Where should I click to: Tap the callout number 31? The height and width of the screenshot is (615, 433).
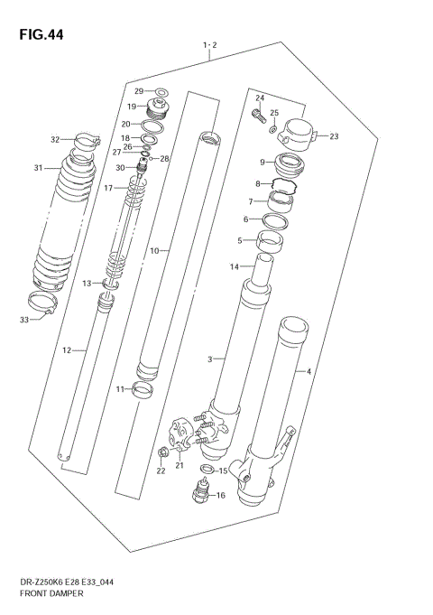click(x=38, y=168)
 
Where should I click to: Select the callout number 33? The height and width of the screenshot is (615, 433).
click(x=24, y=319)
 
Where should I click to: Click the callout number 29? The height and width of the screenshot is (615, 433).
click(x=139, y=91)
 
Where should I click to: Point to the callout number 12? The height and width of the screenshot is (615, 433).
click(x=66, y=349)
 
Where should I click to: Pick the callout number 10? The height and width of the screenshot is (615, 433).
click(x=153, y=250)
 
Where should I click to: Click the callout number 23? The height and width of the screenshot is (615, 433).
click(x=334, y=136)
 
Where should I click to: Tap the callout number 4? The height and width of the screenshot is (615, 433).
click(x=309, y=371)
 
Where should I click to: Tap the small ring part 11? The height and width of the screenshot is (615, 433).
click(x=142, y=390)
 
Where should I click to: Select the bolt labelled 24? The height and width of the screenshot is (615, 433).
click(x=256, y=115)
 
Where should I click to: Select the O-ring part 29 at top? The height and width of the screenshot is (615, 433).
click(x=161, y=91)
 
